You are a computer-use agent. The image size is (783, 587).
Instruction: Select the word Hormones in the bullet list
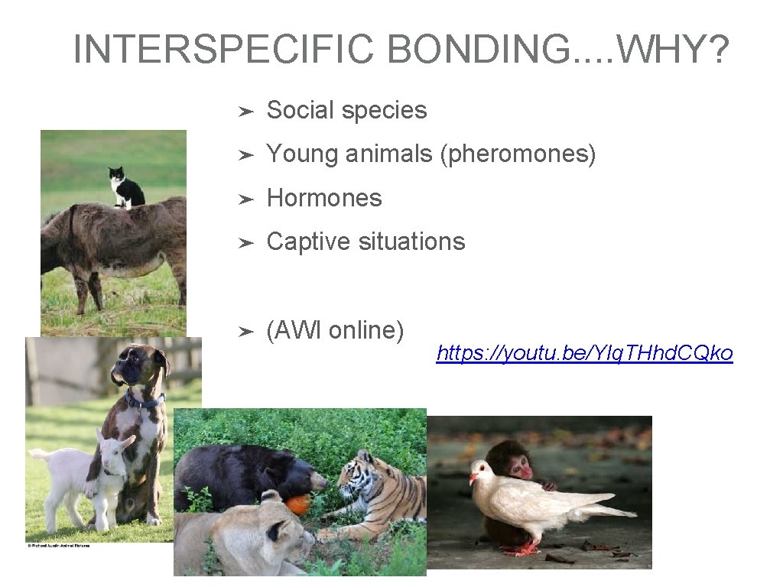point(323,198)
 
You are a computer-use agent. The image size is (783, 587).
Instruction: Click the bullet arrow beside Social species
point(245,112)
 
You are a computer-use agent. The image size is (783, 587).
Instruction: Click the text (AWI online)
point(335,330)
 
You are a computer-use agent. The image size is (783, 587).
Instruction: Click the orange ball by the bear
point(299,504)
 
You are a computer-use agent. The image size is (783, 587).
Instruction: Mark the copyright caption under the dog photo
point(57,546)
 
